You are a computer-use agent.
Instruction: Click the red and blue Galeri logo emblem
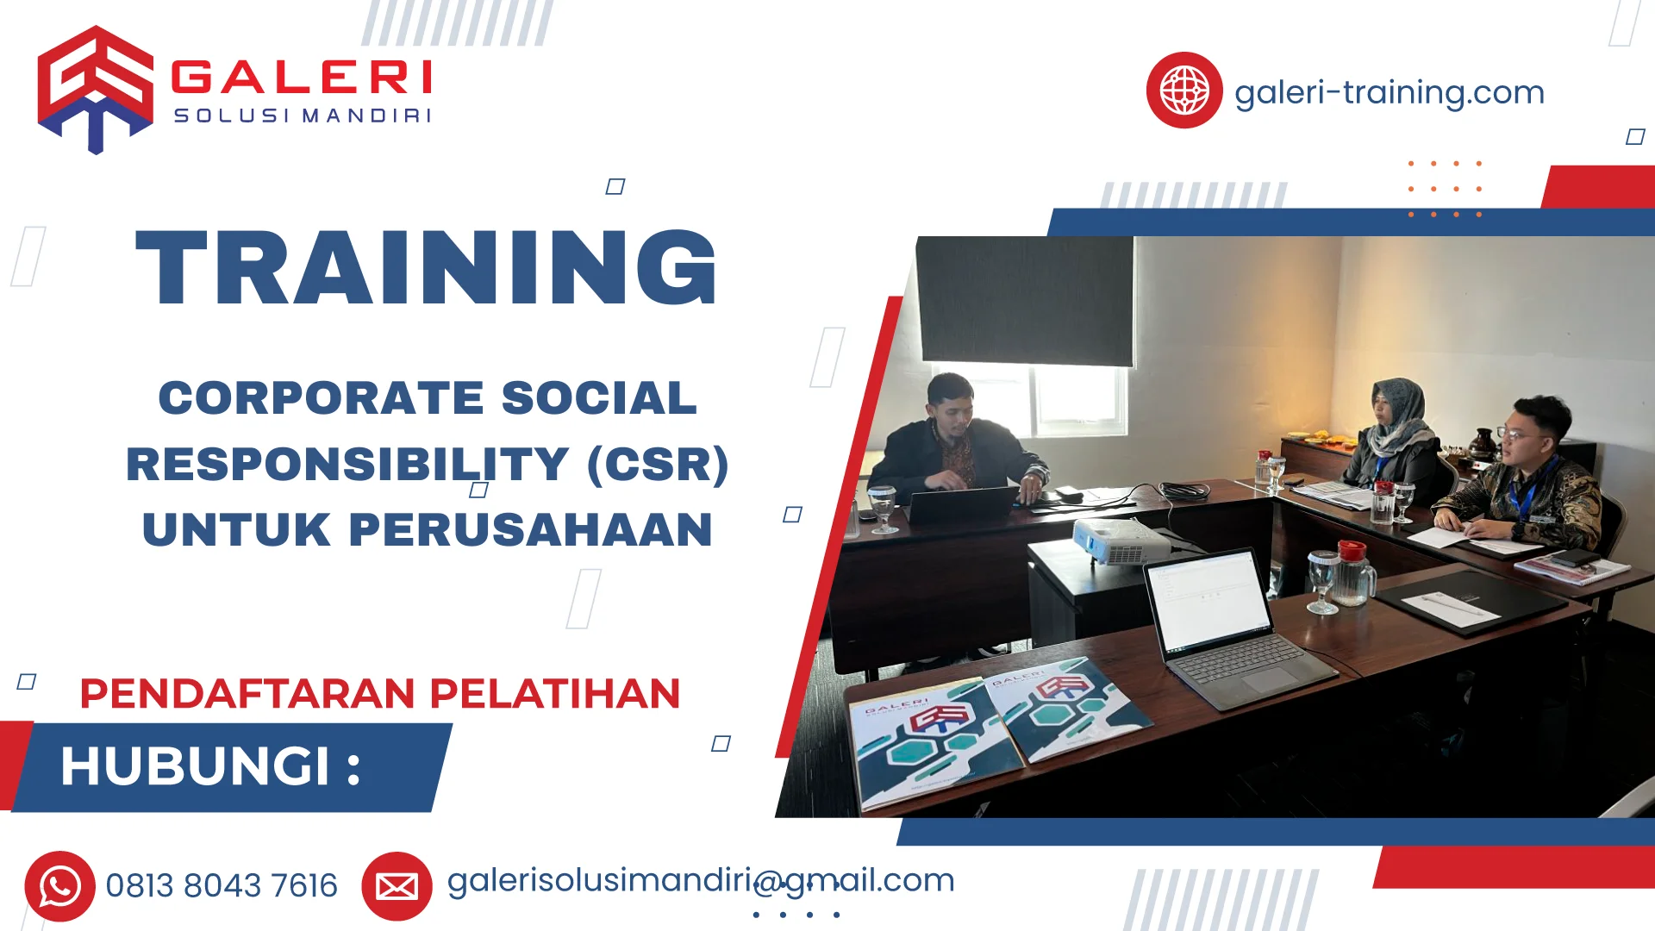click(x=95, y=89)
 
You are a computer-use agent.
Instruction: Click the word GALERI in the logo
click(x=302, y=78)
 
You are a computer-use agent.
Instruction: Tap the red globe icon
click(x=1183, y=91)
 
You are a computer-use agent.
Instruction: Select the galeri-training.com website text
click(x=1389, y=92)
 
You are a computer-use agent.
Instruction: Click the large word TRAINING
click(x=427, y=268)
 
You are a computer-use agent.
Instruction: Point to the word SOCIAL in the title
click(x=598, y=398)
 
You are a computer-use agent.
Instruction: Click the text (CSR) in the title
click(x=658, y=465)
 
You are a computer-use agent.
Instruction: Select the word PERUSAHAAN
click(x=530, y=530)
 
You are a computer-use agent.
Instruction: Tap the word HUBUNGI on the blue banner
click(x=196, y=766)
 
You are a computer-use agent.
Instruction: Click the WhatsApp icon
click(x=59, y=886)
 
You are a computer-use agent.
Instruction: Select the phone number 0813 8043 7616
click(x=222, y=886)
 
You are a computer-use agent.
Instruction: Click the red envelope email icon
click(x=397, y=886)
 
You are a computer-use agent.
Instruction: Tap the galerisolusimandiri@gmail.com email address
click(x=700, y=881)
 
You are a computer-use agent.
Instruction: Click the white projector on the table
click(x=1121, y=541)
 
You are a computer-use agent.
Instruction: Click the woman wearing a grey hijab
click(x=1396, y=435)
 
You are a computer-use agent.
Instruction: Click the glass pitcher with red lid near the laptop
click(x=1353, y=573)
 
